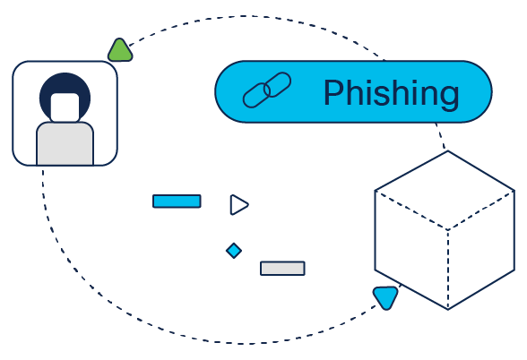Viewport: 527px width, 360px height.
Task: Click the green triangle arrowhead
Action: tap(120, 51)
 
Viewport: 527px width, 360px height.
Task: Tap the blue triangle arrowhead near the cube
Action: tap(385, 297)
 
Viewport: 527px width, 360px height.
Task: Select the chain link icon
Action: tap(267, 90)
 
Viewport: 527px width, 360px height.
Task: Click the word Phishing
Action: tap(392, 93)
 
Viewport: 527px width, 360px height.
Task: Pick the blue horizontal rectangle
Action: tap(177, 201)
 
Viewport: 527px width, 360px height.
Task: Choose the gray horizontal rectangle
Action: tap(282, 269)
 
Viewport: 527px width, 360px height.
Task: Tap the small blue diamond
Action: tap(234, 251)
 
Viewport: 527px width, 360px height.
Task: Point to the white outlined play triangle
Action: tap(239, 204)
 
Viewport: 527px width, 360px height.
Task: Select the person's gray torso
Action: tap(65, 143)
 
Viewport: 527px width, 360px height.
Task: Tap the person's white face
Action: tap(65, 107)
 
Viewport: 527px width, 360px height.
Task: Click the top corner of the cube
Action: tap(448, 151)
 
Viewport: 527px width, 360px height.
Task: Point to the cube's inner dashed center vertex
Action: tap(448, 230)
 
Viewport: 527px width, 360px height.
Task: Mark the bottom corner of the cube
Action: tap(448, 309)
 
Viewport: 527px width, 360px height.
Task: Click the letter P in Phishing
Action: tap(334, 92)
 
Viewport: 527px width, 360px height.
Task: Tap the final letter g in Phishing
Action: tap(450, 99)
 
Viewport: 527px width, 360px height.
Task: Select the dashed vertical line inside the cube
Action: tap(448, 270)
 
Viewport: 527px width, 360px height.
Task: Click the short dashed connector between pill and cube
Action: tap(441, 136)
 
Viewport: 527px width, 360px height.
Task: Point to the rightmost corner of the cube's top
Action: tap(514, 191)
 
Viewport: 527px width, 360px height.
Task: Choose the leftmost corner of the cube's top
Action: tap(375, 191)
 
